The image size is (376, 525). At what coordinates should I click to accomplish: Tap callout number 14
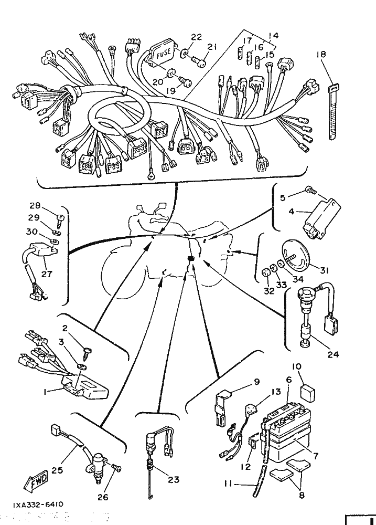[x=273, y=36]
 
